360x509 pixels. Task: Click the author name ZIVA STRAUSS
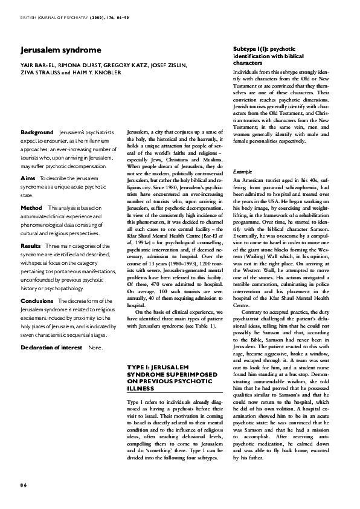click(x=39, y=73)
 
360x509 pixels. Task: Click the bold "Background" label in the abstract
click(x=37, y=132)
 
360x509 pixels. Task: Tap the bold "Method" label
click(x=31, y=207)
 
